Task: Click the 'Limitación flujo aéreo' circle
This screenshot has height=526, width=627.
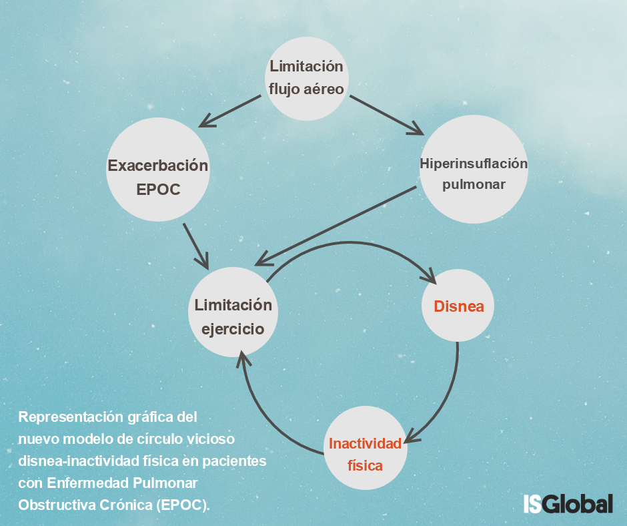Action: tap(307, 79)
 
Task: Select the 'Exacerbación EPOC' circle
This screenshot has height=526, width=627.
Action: tap(158, 170)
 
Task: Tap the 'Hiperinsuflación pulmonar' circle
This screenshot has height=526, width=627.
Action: tap(474, 169)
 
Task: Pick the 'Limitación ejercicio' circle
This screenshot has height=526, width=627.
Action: tap(233, 312)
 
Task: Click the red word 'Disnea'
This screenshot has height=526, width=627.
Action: tap(459, 306)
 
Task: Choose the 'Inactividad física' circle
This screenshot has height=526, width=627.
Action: tap(366, 447)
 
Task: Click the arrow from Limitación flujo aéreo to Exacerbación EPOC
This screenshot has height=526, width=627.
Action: tap(230, 111)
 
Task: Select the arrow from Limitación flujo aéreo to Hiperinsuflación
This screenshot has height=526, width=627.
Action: tap(387, 115)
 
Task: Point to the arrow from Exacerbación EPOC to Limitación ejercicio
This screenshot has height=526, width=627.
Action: tap(196, 246)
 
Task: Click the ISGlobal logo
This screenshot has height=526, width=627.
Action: tap(568, 503)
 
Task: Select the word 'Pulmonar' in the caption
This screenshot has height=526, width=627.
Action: tap(165, 483)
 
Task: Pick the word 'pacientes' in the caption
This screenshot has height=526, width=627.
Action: tap(234, 461)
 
